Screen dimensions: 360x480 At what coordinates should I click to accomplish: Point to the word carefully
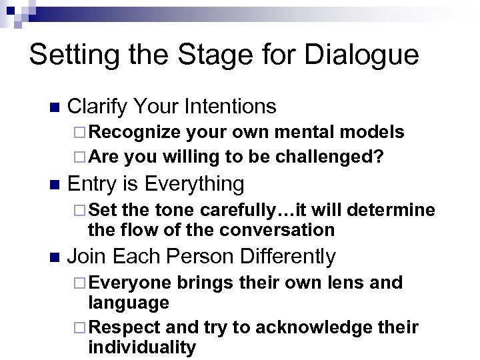234,210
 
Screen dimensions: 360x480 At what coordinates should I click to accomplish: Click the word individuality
142,347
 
